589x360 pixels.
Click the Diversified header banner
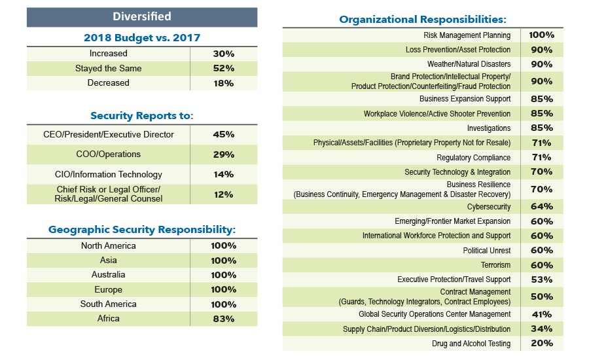click(x=141, y=16)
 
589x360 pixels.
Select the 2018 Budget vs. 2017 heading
click(x=142, y=37)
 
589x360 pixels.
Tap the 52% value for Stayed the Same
click(x=223, y=68)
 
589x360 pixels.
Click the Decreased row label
click(x=109, y=83)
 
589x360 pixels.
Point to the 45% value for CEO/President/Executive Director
click(x=223, y=135)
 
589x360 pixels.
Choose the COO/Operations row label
click(x=109, y=154)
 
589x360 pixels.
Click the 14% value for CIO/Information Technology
click(x=223, y=174)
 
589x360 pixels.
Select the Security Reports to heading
click(x=142, y=116)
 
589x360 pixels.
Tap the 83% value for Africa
click(x=223, y=319)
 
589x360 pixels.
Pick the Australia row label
click(x=109, y=275)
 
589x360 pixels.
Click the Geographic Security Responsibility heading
click(x=142, y=230)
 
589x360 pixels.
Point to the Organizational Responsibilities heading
click(x=423, y=20)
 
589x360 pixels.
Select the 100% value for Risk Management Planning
click(x=541, y=35)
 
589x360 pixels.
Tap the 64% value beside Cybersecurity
click(x=541, y=207)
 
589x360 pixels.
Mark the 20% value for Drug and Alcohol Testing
click(x=541, y=344)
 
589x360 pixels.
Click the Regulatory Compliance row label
click(x=473, y=158)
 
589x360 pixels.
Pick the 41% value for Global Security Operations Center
click(x=541, y=314)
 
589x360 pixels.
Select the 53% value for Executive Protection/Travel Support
click(x=541, y=279)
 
